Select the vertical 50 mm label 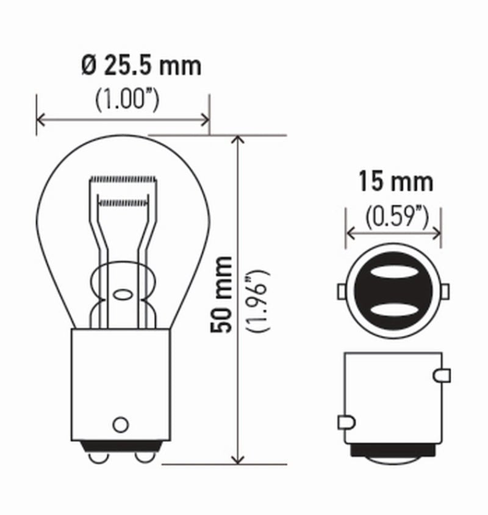pyautogui.click(x=222, y=294)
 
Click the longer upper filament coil pyautogui.click(x=124, y=179)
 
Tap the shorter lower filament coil pyautogui.click(x=123, y=202)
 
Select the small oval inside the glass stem pyautogui.click(x=122, y=294)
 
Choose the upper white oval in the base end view pyautogui.click(x=393, y=273)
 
